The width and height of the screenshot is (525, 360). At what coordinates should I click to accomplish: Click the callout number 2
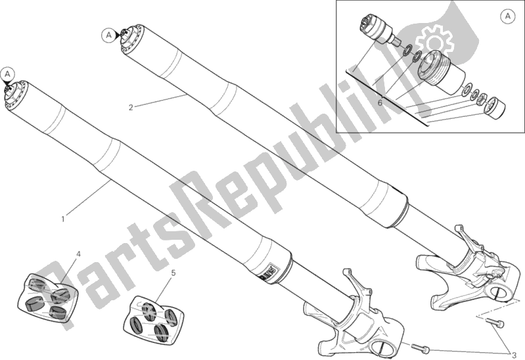click(x=131, y=107)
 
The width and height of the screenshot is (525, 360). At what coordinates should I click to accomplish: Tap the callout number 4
click(x=78, y=254)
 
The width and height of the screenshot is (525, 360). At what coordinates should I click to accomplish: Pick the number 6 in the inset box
click(x=380, y=102)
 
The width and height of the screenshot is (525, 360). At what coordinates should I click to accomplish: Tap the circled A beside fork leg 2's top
click(x=108, y=35)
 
